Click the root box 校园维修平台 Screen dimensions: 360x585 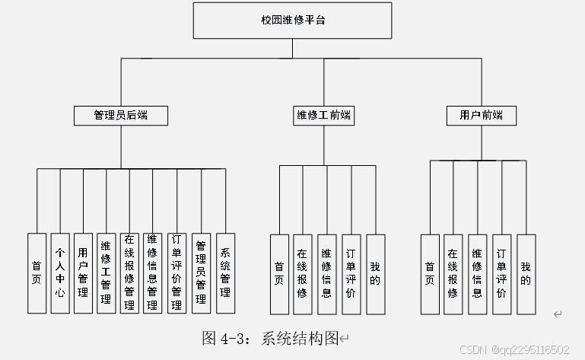(293, 21)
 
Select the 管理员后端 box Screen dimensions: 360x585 (121, 116)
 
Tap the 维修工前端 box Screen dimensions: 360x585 (323, 116)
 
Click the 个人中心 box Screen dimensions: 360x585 (60, 272)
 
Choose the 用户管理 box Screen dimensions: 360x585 (84, 272)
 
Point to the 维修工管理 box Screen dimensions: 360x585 (107, 272)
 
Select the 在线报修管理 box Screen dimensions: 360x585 (129, 272)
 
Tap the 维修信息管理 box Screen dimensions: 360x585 (153, 272)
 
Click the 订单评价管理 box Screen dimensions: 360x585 (176, 272)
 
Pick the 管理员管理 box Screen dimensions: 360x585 (201, 272)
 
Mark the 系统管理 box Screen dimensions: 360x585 (225, 272)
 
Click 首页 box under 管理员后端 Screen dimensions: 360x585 (37, 272)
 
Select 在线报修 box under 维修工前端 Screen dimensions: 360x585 (303, 272)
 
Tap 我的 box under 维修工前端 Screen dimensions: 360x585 (375, 272)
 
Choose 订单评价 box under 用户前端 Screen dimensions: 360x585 (501, 272)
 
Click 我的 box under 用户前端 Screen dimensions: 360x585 (526, 272)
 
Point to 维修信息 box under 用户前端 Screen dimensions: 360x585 (477, 272)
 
